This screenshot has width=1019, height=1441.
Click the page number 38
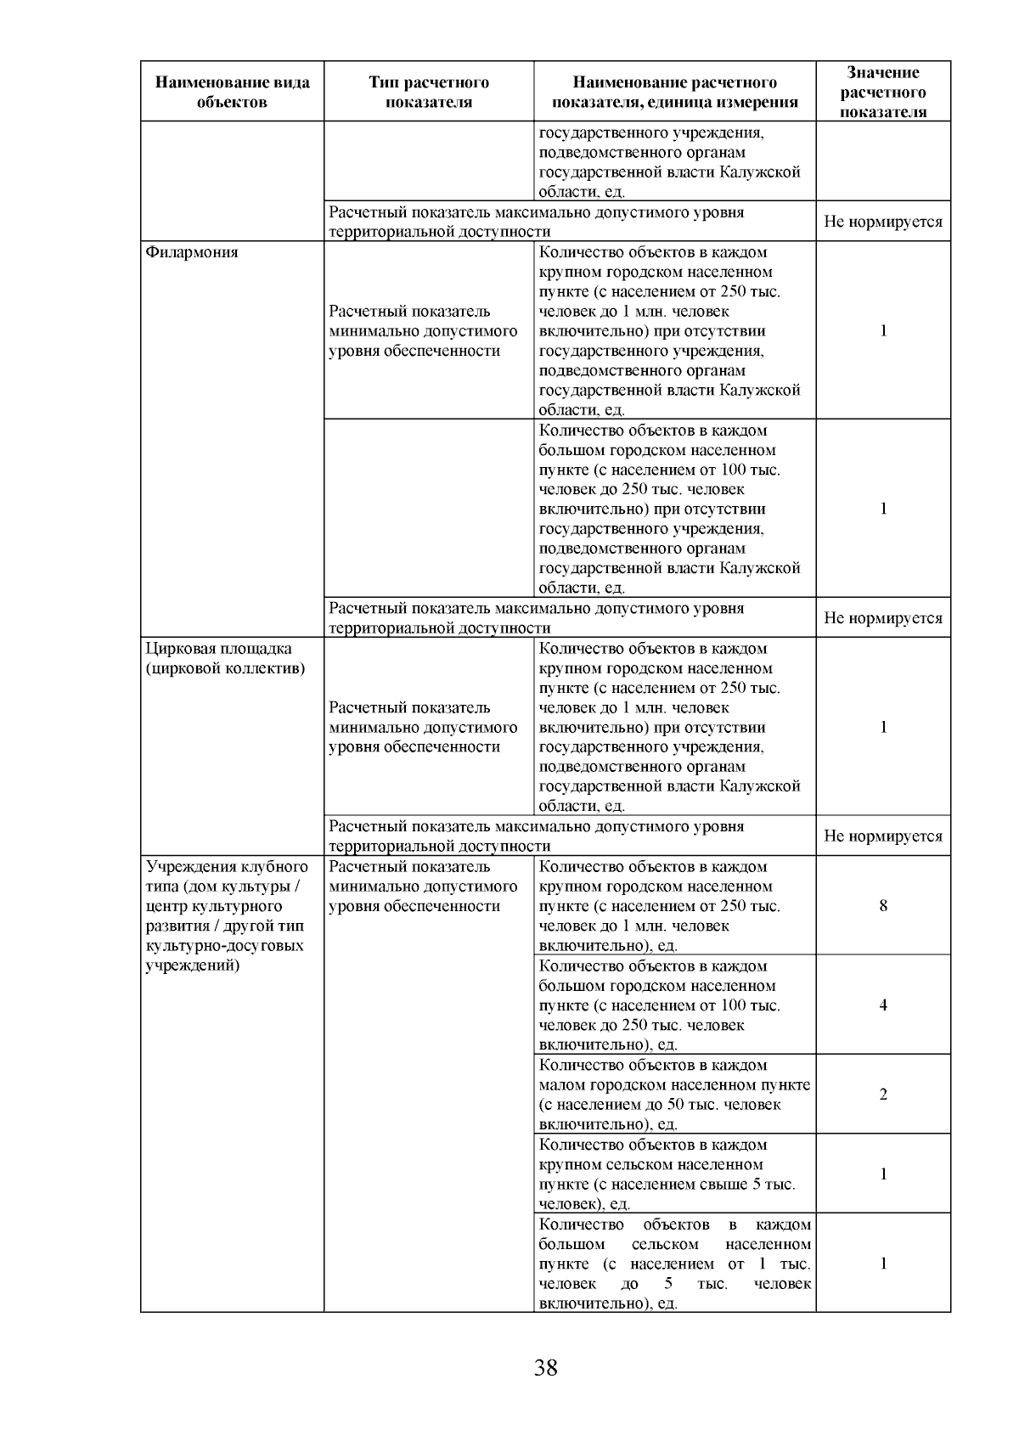545,1368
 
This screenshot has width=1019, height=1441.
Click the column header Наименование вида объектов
232,92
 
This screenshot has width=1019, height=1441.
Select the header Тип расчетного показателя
429,92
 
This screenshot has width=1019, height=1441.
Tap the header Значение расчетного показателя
883,92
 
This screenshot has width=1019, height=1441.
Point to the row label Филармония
192,252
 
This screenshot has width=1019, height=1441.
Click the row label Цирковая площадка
219,649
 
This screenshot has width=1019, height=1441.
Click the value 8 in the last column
883,905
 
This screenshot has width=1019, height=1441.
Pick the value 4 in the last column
883,1005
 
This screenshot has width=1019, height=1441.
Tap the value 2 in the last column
883,1094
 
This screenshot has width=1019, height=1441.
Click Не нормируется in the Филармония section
883,618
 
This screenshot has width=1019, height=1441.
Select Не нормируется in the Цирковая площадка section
883,836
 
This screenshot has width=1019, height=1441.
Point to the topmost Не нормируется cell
883,222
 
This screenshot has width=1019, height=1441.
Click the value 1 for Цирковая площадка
883,727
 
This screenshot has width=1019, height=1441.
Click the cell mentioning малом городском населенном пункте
674,1094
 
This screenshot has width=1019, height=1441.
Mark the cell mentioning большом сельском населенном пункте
674,1263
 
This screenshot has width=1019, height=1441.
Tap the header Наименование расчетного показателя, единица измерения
674,92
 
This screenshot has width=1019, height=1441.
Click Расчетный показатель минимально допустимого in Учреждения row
422,886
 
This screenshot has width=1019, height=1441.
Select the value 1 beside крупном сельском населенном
883,1174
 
